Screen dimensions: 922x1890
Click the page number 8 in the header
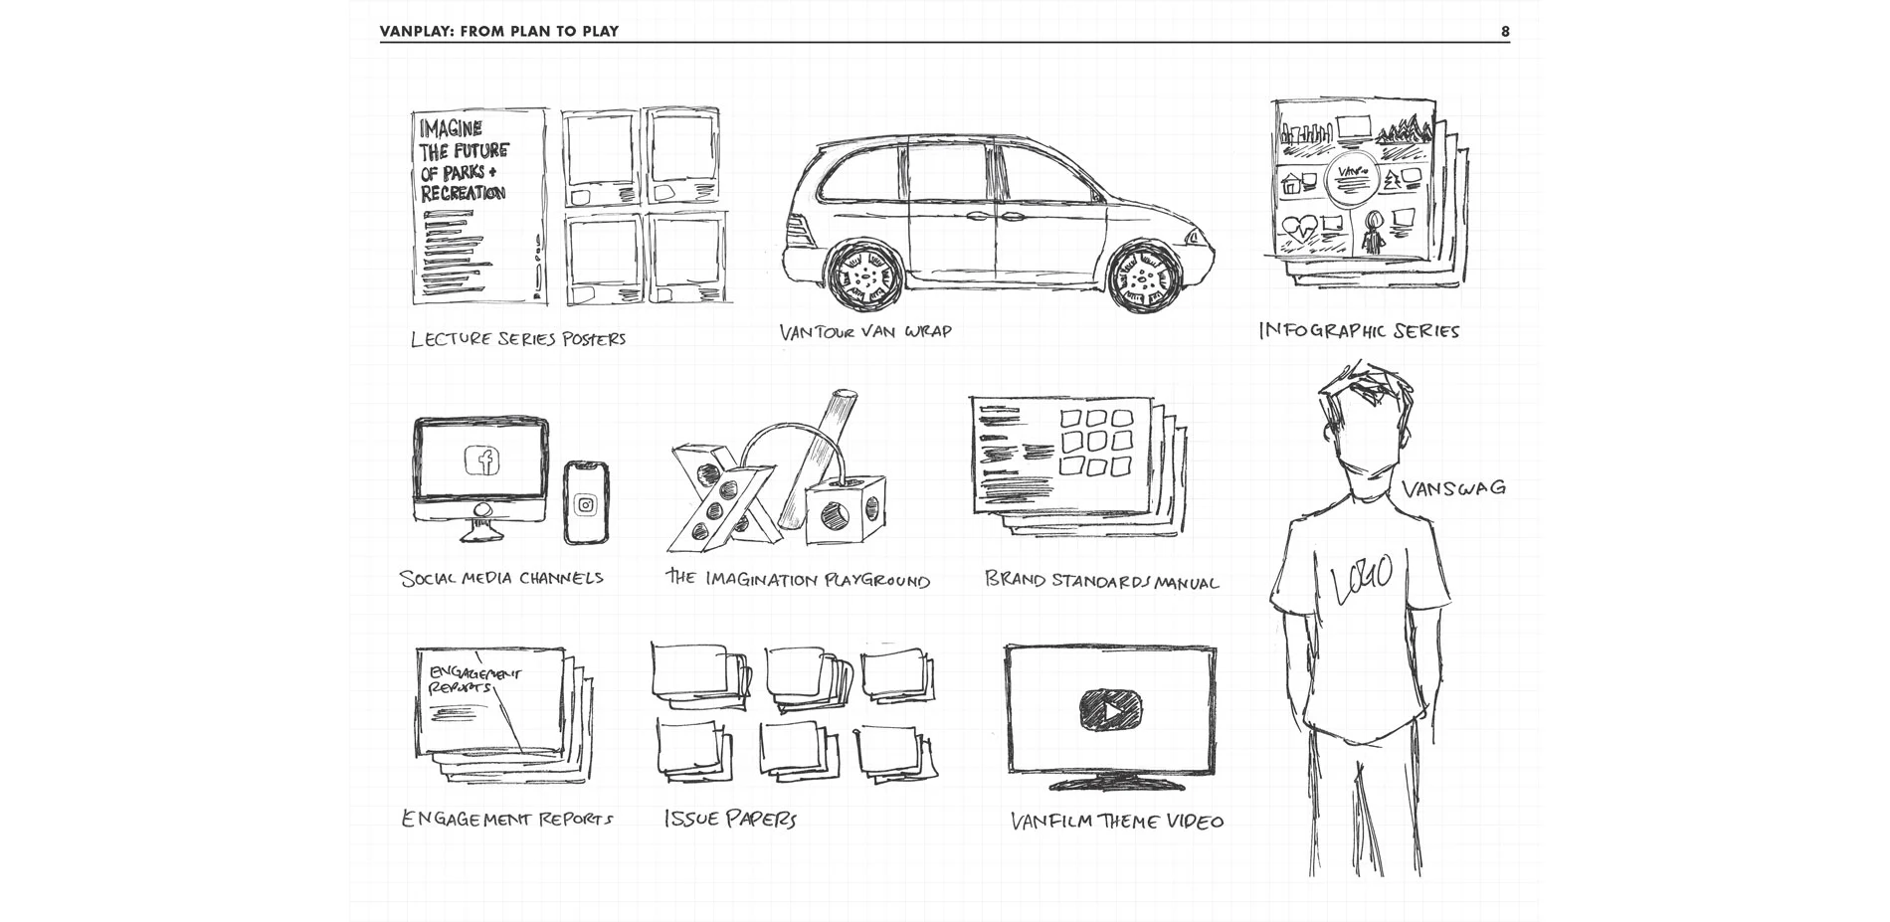click(x=1505, y=32)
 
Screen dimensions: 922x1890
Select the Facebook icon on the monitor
click(x=482, y=461)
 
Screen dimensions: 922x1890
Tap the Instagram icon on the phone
click(x=586, y=504)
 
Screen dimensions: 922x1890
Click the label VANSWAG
click(x=1453, y=488)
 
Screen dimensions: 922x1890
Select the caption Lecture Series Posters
click(x=518, y=339)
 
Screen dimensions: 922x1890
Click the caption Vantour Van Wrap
click(x=865, y=332)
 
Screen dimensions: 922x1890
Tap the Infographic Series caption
click(x=1359, y=331)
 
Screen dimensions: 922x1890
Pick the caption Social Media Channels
click(x=501, y=578)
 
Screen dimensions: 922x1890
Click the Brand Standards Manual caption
click(x=1101, y=581)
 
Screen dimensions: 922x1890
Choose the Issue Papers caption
click(x=730, y=820)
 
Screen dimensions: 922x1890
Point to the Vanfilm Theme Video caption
click(x=1117, y=822)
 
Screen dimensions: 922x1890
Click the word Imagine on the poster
click(x=451, y=129)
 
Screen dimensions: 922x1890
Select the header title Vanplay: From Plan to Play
click(x=499, y=32)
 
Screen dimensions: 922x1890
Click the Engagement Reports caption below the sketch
click(x=506, y=820)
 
